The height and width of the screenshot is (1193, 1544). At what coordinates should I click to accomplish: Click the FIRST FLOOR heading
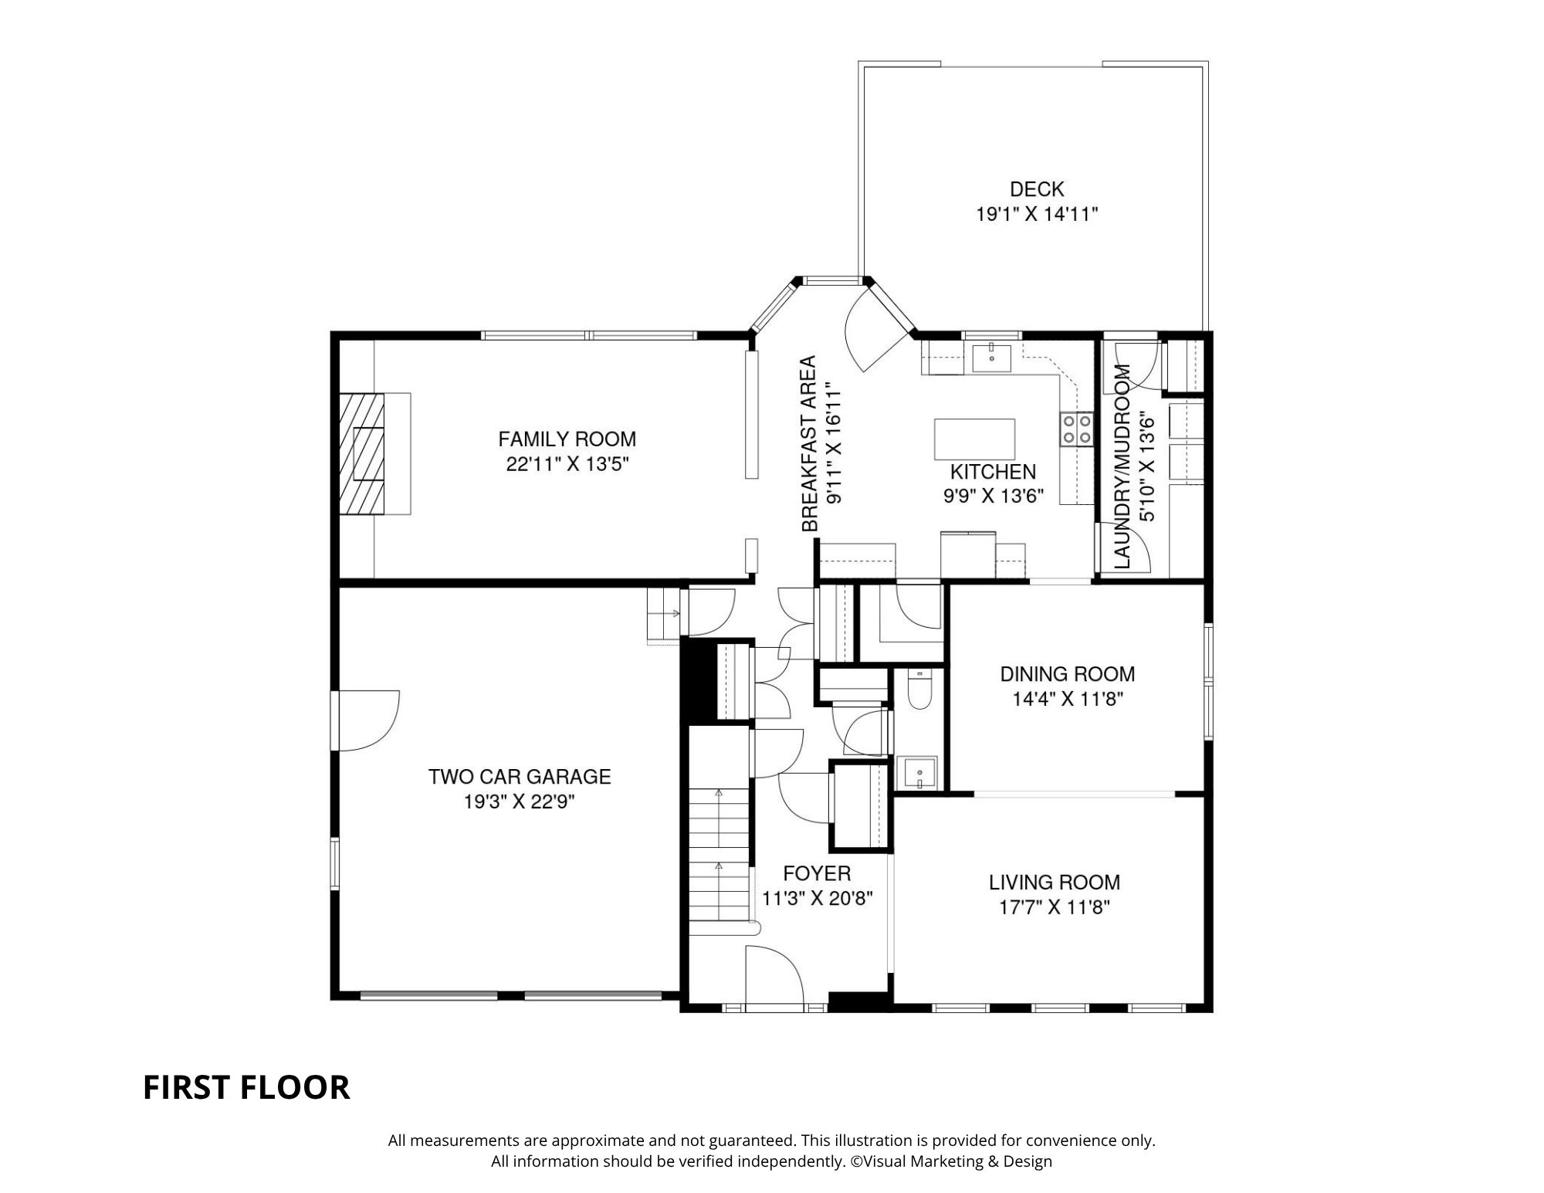coord(246,1087)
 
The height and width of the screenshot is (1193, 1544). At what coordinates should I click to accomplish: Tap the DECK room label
coord(1037,189)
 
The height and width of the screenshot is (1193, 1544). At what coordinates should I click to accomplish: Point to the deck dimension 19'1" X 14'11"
coord(1037,214)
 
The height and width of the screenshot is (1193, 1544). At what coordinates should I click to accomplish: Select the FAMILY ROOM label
coord(567,439)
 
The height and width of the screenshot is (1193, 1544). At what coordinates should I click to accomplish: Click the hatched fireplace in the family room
coord(361,452)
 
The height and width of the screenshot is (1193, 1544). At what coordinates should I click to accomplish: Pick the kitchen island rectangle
coord(974,439)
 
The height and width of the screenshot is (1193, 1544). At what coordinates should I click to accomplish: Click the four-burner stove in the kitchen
coord(1077,429)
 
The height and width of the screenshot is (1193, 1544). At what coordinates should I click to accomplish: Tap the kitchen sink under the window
coord(991,358)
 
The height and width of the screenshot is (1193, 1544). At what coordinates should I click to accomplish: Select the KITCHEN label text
coord(993,472)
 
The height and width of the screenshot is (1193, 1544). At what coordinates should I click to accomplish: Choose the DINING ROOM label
coord(1068,674)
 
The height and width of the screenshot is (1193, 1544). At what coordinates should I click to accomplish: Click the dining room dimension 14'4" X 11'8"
coord(1068,700)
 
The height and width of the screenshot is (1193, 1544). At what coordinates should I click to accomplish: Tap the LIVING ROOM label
coord(1055,882)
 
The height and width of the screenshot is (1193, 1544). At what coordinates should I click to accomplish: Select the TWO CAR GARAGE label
coord(520,777)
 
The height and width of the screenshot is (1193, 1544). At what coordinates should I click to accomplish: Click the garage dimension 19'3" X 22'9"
coord(520,802)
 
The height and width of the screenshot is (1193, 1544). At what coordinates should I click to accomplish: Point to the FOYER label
coord(817,873)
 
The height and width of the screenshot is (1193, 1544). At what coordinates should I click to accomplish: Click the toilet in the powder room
coord(920,690)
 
